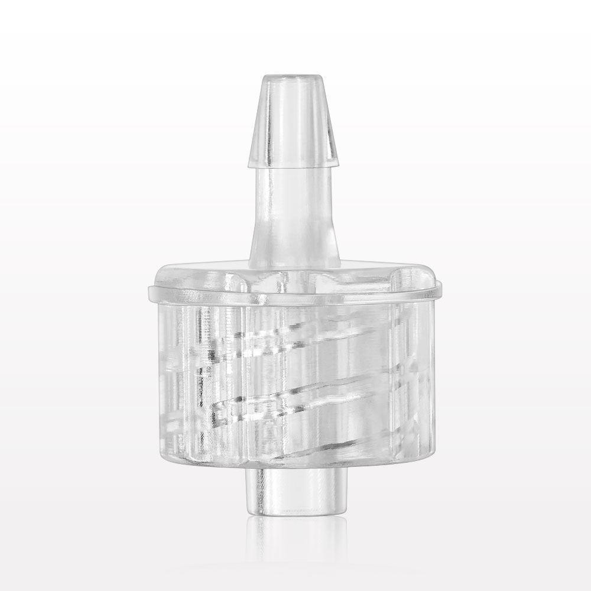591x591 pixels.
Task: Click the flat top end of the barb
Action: coord(294,77)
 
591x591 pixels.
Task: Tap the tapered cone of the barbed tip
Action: coord(294,118)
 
